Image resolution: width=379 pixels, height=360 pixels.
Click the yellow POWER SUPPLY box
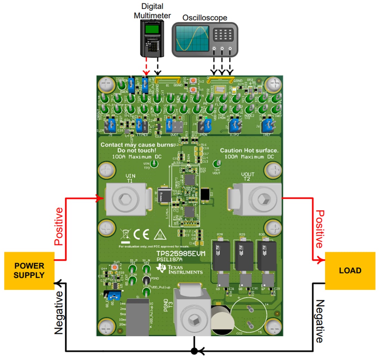pos(29,270)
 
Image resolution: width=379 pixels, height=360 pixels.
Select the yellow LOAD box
pos(350,270)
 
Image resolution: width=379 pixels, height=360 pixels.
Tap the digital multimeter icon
pos(152,38)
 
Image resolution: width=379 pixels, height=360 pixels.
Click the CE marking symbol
pos(141,234)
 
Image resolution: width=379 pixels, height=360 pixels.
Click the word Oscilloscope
pos(205,17)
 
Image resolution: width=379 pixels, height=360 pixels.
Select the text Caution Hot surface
pos(249,150)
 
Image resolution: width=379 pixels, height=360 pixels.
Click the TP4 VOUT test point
pos(216,164)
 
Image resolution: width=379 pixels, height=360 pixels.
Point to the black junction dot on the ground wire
pos(194,351)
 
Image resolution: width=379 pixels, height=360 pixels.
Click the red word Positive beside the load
pos(320,229)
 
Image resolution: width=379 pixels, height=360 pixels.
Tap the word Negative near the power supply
pos(59,312)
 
